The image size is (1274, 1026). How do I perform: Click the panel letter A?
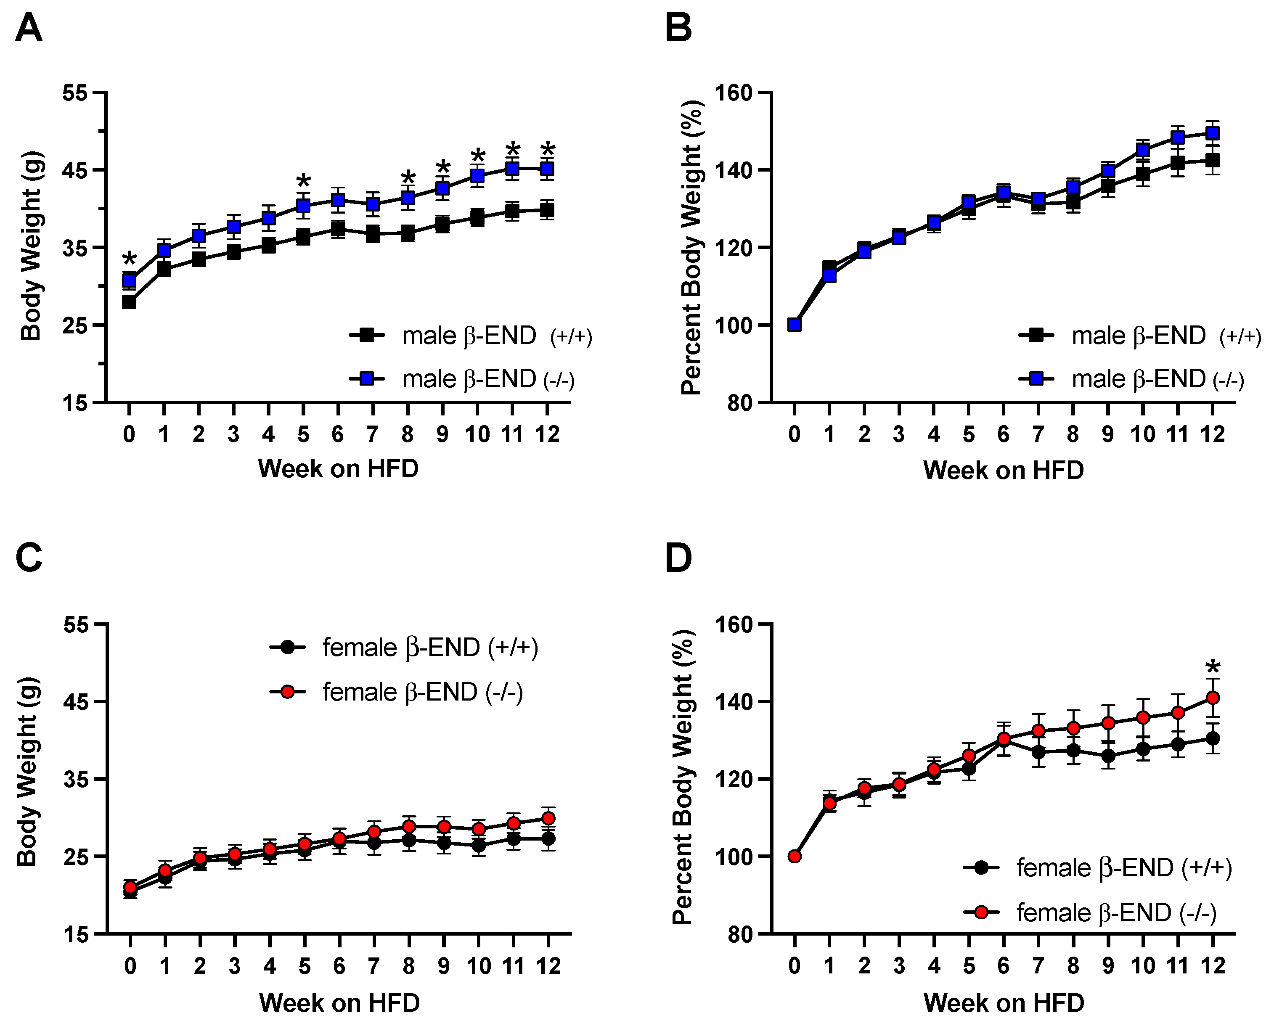(28, 28)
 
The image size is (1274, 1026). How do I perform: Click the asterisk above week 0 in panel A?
(130, 259)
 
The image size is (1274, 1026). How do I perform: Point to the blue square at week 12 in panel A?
(548, 169)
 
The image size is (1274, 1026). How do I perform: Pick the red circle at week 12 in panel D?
(1213, 698)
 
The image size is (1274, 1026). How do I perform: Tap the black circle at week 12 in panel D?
(1213, 739)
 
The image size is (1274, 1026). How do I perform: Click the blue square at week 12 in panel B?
(1213, 133)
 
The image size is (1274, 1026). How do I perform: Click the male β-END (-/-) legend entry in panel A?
(461, 379)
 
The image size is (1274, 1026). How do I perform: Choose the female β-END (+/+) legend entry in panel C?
(404, 648)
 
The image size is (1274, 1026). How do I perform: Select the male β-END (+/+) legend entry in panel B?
(1139, 336)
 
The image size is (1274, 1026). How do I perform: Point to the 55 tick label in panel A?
(75, 93)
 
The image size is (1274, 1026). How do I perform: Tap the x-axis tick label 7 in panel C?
(373, 966)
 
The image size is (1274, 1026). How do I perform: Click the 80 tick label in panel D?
(739, 934)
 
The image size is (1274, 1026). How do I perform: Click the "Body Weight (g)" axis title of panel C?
(27, 772)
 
